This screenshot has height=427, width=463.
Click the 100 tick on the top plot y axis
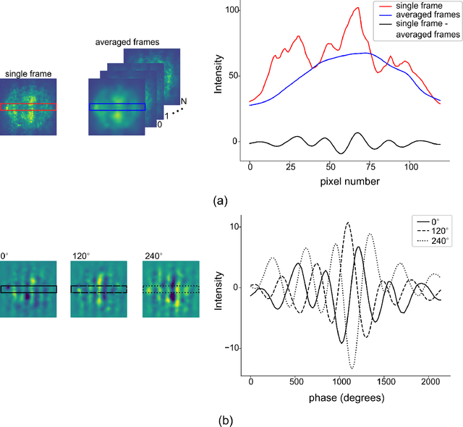click(x=232, y=11)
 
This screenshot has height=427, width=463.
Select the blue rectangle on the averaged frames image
click(x=116, y=106)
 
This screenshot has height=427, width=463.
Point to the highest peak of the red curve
click(x=357, y=8)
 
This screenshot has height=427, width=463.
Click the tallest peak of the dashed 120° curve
click(x=348, y=222)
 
